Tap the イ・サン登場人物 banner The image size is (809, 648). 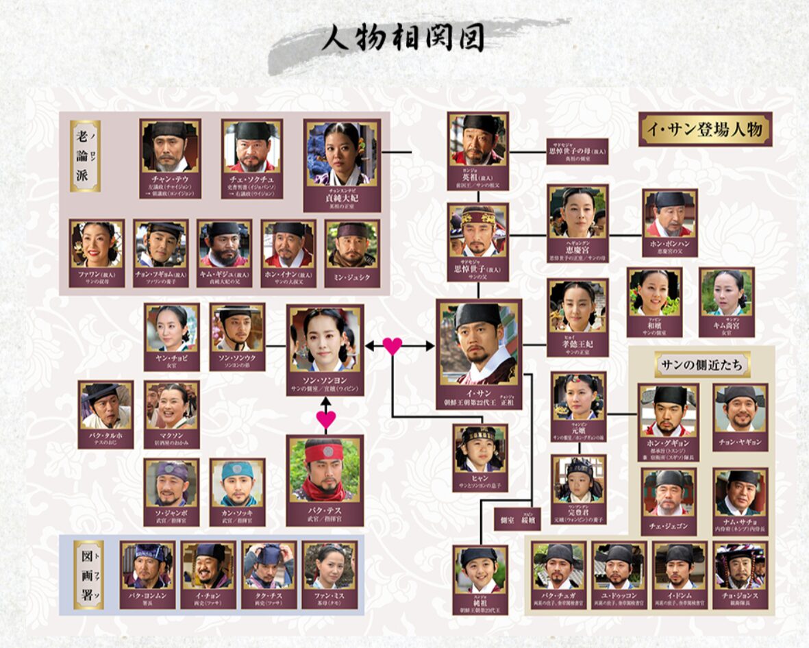(x=705, y=129)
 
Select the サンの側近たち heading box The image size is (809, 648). (x=702, y=364)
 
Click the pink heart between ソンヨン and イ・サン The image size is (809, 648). (x=393, y=346)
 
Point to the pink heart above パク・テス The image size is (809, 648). (x=326, y=419)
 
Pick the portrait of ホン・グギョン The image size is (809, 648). (x=668, y=410)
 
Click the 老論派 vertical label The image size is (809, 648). (x=86, y=156)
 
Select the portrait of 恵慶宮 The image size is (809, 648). (x=577, y=212)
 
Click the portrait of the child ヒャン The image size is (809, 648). (x=480, y=444)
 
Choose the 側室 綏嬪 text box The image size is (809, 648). (x=517, y=519)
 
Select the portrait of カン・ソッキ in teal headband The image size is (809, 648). (x=237, y=483)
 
